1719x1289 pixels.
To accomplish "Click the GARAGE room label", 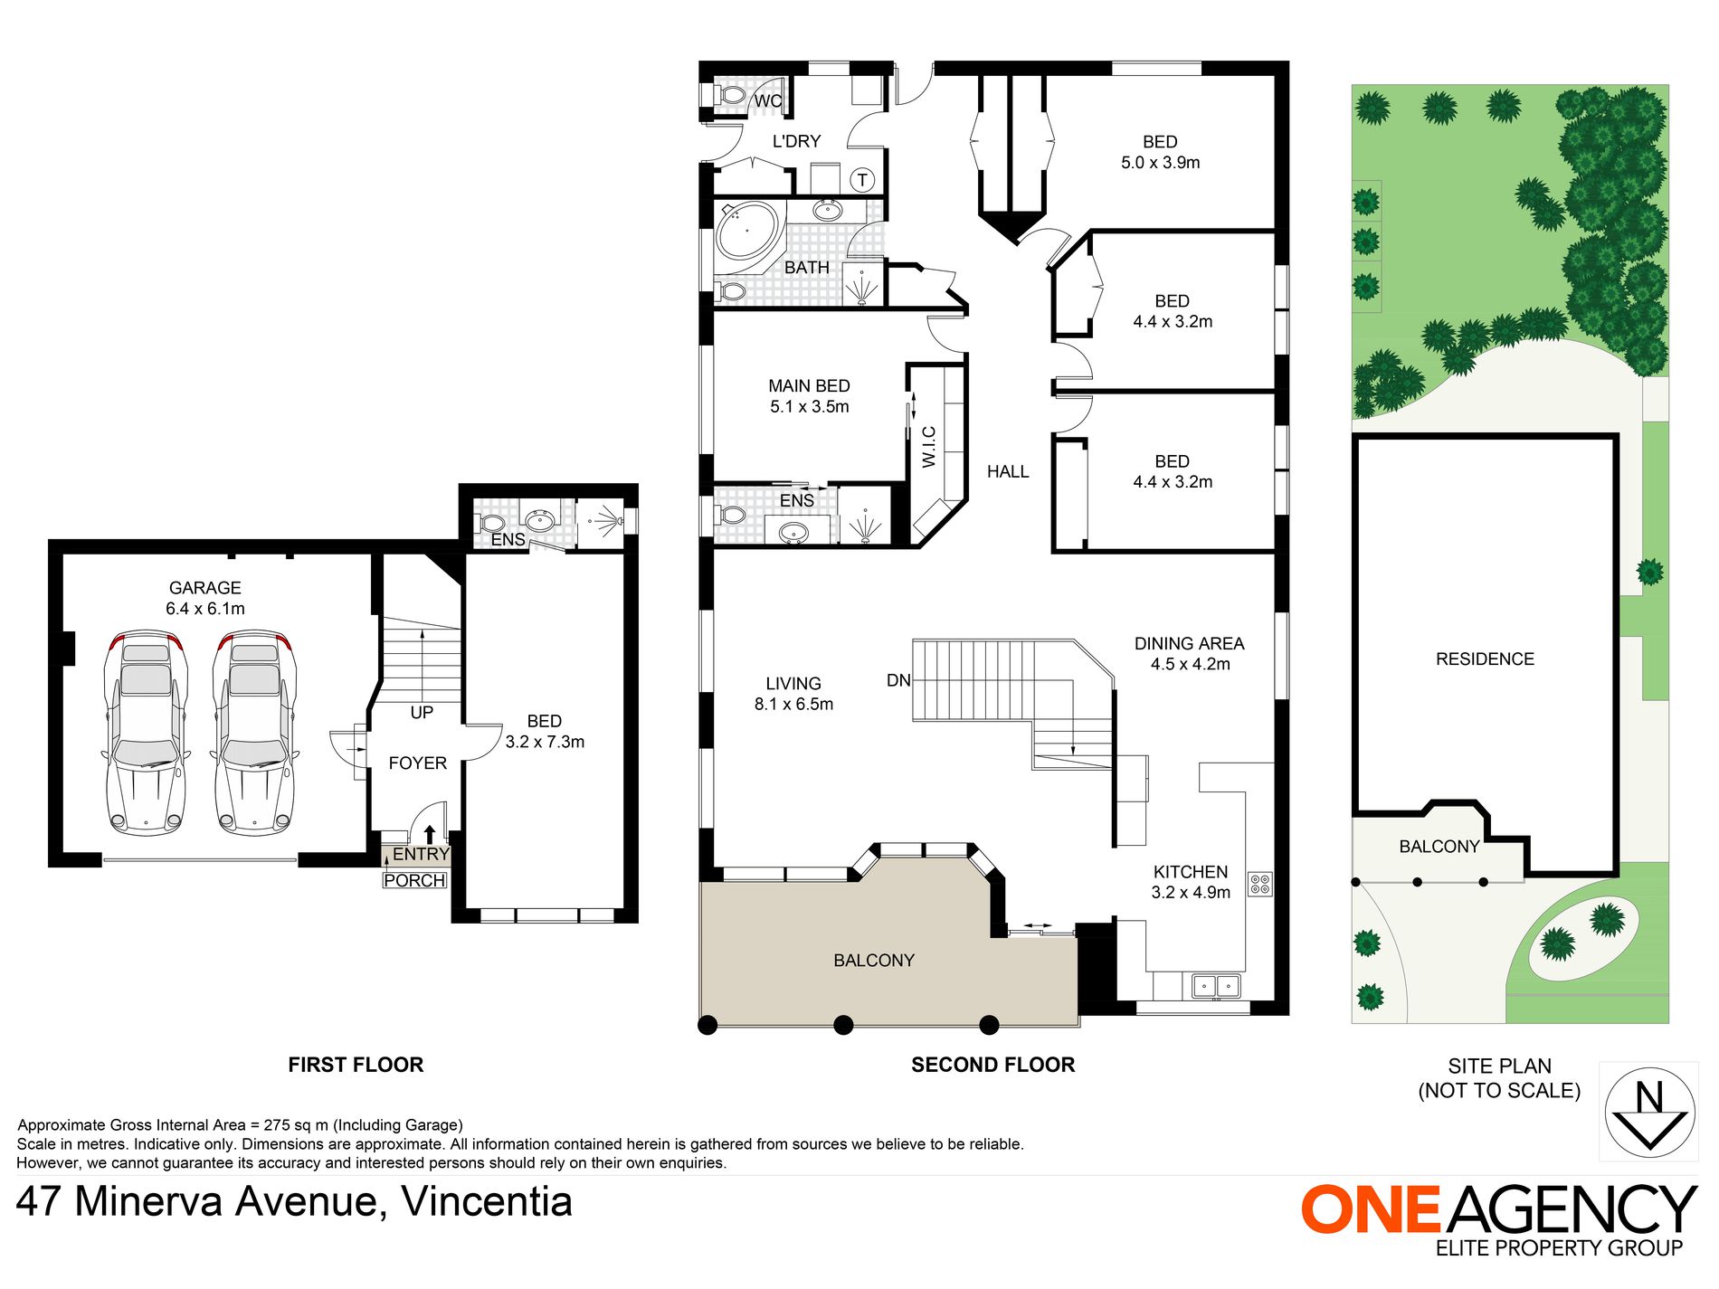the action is point(205,588).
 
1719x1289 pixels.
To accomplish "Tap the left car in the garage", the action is point(146,732).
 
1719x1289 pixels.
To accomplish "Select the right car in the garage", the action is point(254,732).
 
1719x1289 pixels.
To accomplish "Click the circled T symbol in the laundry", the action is point(862,180).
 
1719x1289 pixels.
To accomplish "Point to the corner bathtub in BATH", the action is point(746,231).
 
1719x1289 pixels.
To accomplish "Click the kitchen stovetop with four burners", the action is point(1260,884).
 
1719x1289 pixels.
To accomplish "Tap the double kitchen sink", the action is point(1216,985).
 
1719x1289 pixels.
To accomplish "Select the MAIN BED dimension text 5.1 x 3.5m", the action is point(810,407).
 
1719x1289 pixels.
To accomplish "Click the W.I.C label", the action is point(929,447).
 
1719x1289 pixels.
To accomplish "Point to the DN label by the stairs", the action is point(898,680).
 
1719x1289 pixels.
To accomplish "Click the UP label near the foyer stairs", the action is point(422,713).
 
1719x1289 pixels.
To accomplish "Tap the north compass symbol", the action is point(1649,1112).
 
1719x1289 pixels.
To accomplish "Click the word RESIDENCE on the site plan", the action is point(1485,659).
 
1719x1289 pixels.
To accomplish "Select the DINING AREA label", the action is point(1190,643).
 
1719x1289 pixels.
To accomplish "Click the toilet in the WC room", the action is point(728,95).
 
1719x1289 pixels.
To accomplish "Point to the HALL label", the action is point(1008,471).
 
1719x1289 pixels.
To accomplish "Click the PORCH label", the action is point(414,880).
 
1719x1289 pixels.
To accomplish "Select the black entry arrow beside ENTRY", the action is point(430,834).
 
